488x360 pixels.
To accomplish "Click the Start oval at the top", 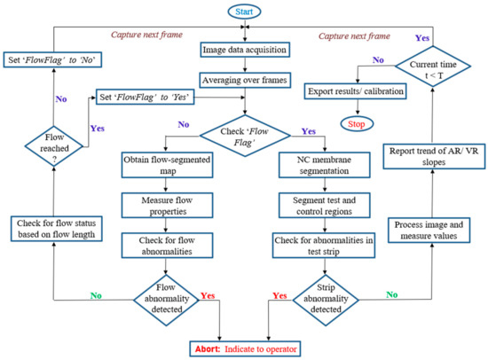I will click(x=243, y=11).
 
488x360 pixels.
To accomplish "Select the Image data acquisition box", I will click(x=243, y=50).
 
